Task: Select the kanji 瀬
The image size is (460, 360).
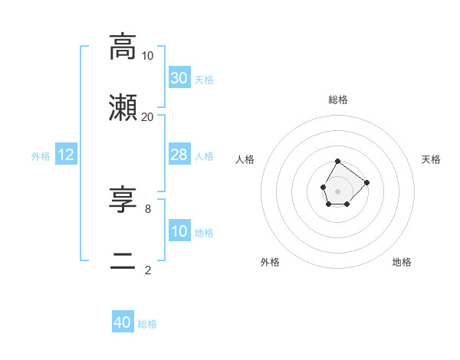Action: (x=123, y=107)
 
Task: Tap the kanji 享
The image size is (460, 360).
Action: (x=123, y=200)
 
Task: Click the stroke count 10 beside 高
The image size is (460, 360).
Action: (x=148, y=56)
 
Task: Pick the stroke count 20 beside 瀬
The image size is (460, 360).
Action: (x=148, y=117)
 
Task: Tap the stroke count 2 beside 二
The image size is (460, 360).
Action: (x=148, y=270)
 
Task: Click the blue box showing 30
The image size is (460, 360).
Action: (x=179, y=77)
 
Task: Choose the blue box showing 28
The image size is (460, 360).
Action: (x=179, y=155)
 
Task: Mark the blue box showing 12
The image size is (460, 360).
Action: (x=66, y=155)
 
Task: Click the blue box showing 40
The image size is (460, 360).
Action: (x=123, y=322)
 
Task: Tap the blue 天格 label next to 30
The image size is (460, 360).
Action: (x=204, y=79)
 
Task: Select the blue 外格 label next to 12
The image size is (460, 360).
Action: (x=41, y=156)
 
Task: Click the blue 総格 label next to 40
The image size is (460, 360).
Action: (x=147, y=324)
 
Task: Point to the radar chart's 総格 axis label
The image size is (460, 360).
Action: (x=338, y=100)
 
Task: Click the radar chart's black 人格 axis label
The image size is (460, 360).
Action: (x=245, y=159)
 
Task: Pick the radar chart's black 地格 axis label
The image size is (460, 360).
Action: (x=402, y=262)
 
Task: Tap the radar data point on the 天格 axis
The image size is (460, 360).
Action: (x=366, y=182)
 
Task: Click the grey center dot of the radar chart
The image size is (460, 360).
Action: (x=337, y=190)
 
